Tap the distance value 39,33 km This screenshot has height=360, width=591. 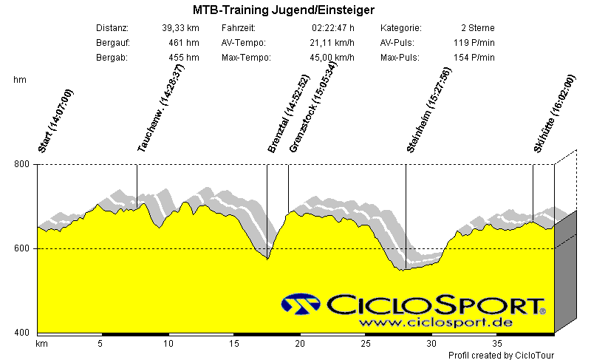pos(180,28)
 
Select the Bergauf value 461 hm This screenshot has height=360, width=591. pos(184,43)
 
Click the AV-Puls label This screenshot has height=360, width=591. pos(397,43)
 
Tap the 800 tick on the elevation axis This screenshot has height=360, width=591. pos(22,164)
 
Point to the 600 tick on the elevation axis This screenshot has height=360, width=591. pos(22,248)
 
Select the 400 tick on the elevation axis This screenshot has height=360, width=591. pos(22,333)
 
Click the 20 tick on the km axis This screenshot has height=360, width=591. pos(299,344)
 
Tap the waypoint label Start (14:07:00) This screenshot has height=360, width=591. pos(56,120)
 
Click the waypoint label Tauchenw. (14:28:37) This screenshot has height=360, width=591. pos(160,108)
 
